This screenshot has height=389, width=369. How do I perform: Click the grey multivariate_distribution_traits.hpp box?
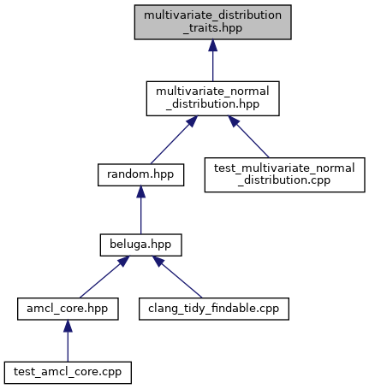click(212, 22)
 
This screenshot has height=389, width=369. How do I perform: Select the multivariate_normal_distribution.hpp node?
click(212, 98)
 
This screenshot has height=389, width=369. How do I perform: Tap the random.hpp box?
click(140, 174)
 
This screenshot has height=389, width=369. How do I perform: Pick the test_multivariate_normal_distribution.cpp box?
click(284, 174)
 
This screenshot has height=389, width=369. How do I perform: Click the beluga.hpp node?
click(140, 245)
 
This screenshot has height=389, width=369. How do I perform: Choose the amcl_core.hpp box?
click(68, 309)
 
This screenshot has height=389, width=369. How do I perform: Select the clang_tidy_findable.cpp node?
click(214, 309)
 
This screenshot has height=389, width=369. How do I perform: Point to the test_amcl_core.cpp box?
click(68, 373)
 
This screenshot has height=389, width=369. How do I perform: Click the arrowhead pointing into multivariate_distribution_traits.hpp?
click(212, 45)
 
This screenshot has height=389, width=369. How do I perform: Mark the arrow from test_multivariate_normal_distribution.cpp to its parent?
click(248, 137)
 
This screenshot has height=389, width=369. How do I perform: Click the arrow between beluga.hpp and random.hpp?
click(140, 210)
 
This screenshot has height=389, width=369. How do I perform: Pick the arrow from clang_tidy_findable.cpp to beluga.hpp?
click(177, 277)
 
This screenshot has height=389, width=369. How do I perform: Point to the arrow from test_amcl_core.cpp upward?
click(68, 341)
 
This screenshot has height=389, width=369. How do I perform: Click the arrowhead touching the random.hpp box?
click(140, 192)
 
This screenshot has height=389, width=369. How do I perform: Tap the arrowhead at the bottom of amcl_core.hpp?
click(68, 326)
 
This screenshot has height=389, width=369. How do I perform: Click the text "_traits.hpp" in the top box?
click(212, 28)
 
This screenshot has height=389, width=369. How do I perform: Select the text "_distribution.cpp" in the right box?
click(284, 180)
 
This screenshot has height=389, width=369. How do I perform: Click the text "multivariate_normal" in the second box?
click(212, 91)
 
